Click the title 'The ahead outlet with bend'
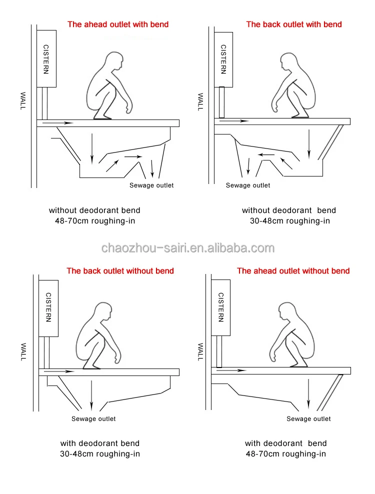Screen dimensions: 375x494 click(x=118, y=24)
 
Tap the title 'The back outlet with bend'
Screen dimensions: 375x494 click(x=294, y=24)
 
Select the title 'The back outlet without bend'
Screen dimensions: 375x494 click(x=120, y=270)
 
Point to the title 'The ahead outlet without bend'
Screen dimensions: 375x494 click(x=293, y=270)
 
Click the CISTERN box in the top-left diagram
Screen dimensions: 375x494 click(x=46, y=58)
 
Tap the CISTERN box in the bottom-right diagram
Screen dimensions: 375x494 click(x=220, y=307)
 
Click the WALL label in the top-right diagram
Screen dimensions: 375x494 click(x=200, y=102)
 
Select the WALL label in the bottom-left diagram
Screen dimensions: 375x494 click(x=23, y=352)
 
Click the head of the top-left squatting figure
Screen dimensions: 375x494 click(x=114, y=61)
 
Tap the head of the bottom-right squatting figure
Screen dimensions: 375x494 click(x=287, y=311)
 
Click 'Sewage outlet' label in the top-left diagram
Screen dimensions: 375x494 click(x=151, y=185)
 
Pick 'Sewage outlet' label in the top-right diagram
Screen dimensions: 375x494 click(x=248, y=185)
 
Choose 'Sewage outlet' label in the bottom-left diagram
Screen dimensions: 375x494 click(x=93, y=418)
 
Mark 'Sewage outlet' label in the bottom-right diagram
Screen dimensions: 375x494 click(x=309, y=418)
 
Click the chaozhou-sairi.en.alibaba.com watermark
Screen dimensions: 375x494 click(x=188, y=248)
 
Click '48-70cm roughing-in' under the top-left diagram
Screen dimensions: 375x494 click(x=95, y=221)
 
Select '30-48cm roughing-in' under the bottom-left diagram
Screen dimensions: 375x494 click(x=100, y=454)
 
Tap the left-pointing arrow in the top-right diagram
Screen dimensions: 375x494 click(x=266, y=154)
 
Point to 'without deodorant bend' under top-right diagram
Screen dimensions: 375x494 click(x=289, y=210)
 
